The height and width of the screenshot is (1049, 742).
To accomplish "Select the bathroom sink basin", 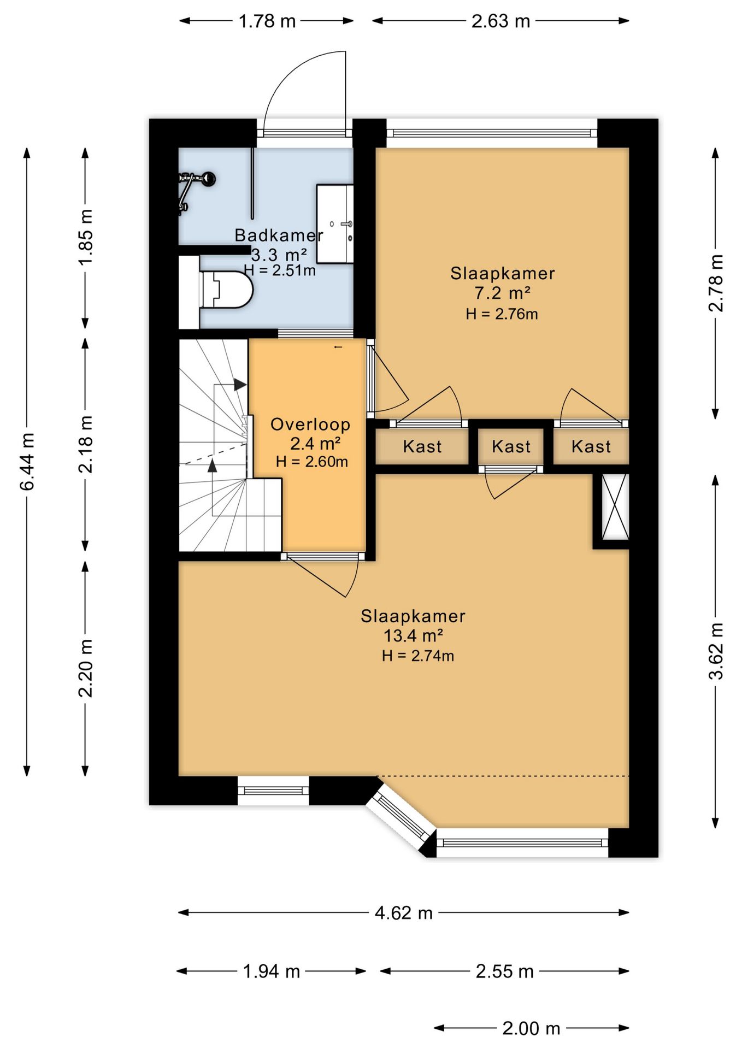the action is (x=335, y=224).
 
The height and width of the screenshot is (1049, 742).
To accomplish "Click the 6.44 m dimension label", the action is (x=27, y=462).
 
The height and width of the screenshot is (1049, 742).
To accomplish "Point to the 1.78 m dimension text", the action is (x=267, y=21).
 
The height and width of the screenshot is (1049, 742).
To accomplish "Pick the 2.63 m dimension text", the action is (x=501, y=21).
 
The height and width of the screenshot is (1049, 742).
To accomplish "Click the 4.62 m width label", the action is (x=404, y=913).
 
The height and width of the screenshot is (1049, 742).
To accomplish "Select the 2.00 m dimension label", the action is (x=531, y=1028).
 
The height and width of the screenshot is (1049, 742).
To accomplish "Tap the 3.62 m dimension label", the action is (x=716, y=651).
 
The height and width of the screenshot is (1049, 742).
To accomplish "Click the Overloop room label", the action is (x=310, y=425).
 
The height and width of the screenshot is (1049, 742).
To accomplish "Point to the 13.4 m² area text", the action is (x=413, y=636).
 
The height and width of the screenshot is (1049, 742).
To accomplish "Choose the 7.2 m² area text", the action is (x=502, y=293).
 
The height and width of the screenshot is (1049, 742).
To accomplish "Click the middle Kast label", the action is (x=511, y=447).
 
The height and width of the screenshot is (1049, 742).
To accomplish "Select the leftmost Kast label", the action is (x=422, y=447).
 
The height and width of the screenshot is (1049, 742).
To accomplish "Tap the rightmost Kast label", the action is (x=591, y=447).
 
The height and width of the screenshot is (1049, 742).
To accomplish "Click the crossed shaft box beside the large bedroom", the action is (x=615, y=507).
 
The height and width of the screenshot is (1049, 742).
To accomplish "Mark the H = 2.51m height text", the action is (x=280, y=270).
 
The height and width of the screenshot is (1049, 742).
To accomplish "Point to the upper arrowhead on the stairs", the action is (x=240, y=385).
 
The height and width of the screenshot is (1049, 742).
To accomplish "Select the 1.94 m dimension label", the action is (x=272, y=971).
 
